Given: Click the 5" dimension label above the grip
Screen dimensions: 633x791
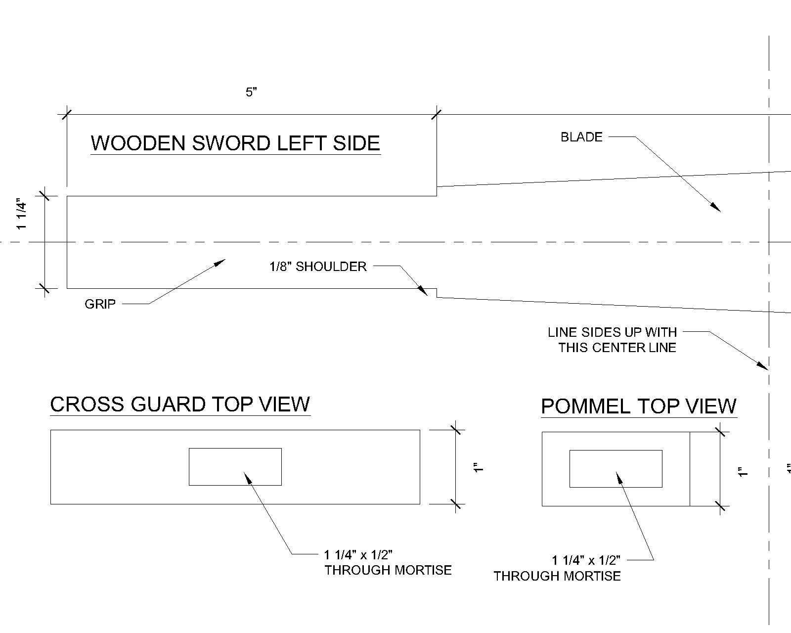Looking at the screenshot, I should (252, 92).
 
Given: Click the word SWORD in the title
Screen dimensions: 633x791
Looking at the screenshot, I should (231, 143).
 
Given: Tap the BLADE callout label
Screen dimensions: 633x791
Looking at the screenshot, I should (581, 137).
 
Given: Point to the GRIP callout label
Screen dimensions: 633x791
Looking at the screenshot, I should (100, 304).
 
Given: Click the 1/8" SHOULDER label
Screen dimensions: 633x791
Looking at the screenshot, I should (318, 267).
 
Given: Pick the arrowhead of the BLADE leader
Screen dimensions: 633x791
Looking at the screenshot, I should (716, 208).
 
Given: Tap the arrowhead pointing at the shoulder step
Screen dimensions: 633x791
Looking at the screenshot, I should (423, 291).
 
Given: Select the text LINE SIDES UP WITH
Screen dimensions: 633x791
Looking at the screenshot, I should (612, 332).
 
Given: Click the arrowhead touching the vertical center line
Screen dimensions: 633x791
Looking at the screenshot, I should (763, 366).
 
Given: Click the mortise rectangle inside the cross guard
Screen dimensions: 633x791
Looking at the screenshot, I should (235, 466).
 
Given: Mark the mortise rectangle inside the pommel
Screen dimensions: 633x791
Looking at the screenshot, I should (615, 468).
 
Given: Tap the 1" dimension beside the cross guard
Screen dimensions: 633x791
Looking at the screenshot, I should (478, 467).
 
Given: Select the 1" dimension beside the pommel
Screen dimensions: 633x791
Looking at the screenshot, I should (742, 472).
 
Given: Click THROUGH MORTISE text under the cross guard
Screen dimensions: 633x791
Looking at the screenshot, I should (388, 570).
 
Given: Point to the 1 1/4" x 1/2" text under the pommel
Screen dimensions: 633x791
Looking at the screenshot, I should (586, 560).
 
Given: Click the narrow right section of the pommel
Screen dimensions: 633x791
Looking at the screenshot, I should (704, 469).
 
